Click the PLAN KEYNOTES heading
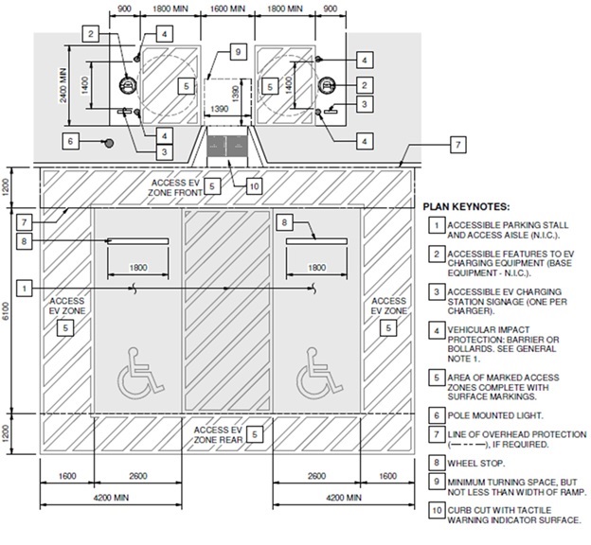click(x=466, y=207)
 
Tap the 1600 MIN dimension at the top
click(x=227, y=9)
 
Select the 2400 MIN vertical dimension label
click(x=63, y=85)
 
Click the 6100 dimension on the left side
click(x=6, y=310)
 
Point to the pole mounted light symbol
click(x=109, y=143)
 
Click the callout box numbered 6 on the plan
click(x=70, y=142)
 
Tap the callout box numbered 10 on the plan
click(x=254, y=186)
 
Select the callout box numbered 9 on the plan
click(x=238, y=52)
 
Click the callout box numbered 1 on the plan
click(x=25, y=289)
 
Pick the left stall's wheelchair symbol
click(x=140, y=373)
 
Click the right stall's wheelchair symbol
click(x=319, y=373)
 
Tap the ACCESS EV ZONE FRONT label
click(x=175, y=187)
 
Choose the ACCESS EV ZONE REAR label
click(x=218, y=434)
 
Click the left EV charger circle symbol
click(x=127, y=85)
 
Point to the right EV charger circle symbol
click(x=327, y=85)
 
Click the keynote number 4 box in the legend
click(x=437, y=331)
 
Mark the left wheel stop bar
click(x=138, y=241)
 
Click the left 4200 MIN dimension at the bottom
click(x=111, y=498)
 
